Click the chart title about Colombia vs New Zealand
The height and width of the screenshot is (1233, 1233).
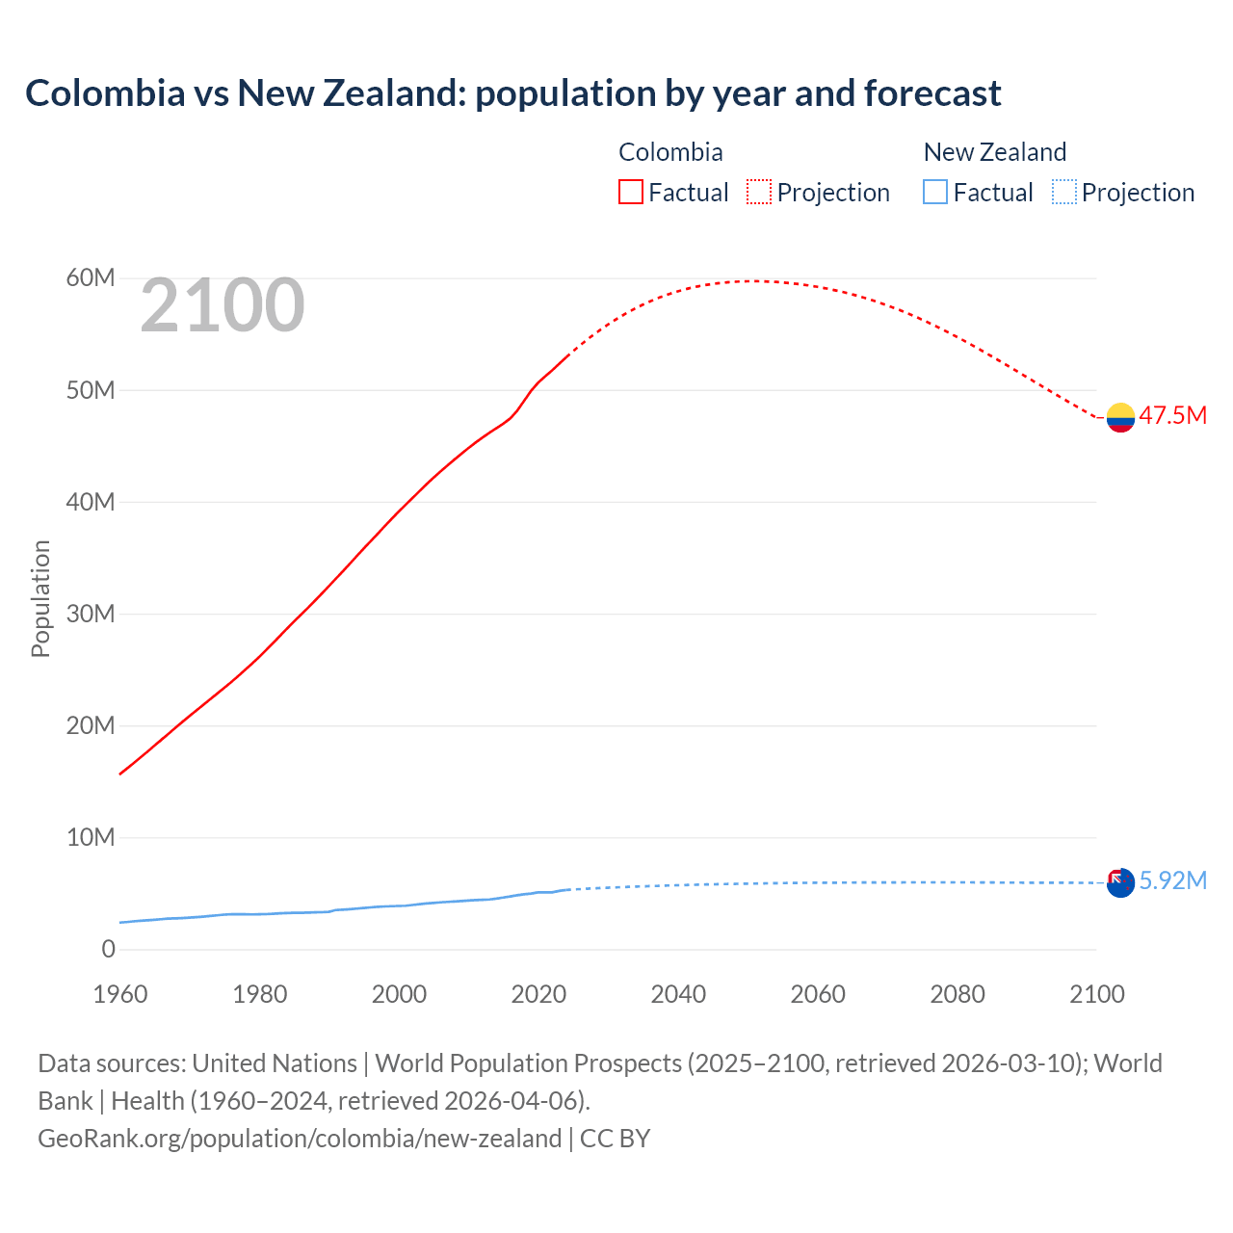pos(512,93)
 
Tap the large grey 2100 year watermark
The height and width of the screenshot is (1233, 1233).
pos(223,306)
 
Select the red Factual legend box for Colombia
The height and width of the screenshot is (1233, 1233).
pos(630,192)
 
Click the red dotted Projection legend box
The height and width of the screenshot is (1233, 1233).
pos(759,192)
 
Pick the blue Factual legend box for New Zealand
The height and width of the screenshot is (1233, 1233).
pos(934,192)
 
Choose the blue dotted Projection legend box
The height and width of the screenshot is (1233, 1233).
pos(1063,192)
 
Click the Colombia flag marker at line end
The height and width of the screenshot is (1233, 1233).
pos(1120,417)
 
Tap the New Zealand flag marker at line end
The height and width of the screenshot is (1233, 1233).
pos(1120,882)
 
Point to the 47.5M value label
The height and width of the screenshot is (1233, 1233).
pos(1172,416)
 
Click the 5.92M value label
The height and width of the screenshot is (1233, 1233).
pos(1172,881)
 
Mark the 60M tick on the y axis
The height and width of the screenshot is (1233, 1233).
pos(91,278)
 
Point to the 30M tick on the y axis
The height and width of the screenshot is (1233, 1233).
pos(91,614)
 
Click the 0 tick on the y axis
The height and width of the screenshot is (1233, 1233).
pos(108,950)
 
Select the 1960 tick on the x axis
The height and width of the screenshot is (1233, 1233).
pos(120,994)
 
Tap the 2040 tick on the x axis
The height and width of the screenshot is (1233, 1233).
pos(678,994)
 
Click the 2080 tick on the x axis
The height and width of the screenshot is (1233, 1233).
pos(958,994)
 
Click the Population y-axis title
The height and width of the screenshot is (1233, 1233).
pos(40,598)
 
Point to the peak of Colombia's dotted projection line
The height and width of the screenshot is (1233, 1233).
pos(756,281)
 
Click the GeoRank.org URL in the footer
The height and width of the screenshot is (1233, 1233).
pos(300,1139)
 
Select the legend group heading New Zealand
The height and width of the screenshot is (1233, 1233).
pos(994,152)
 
